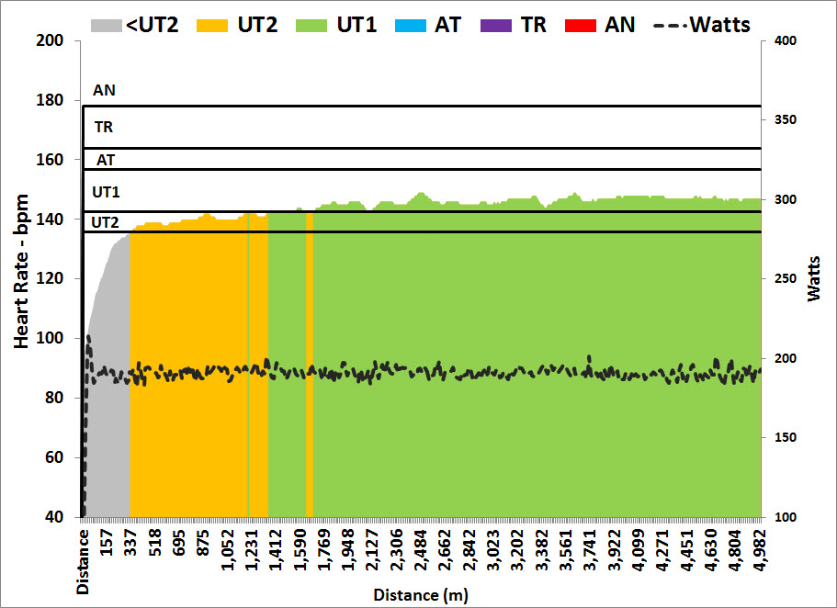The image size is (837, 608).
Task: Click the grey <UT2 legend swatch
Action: point(106,25)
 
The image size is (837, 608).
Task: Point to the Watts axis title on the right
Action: point(815,278)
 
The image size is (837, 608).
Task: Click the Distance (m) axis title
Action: point(420,595)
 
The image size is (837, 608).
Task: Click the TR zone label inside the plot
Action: point(104,128)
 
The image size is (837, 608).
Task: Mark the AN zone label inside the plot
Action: point(105,91)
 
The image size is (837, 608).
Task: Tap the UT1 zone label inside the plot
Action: point(106,192)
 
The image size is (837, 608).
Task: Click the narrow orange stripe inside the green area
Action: point(310,367)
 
